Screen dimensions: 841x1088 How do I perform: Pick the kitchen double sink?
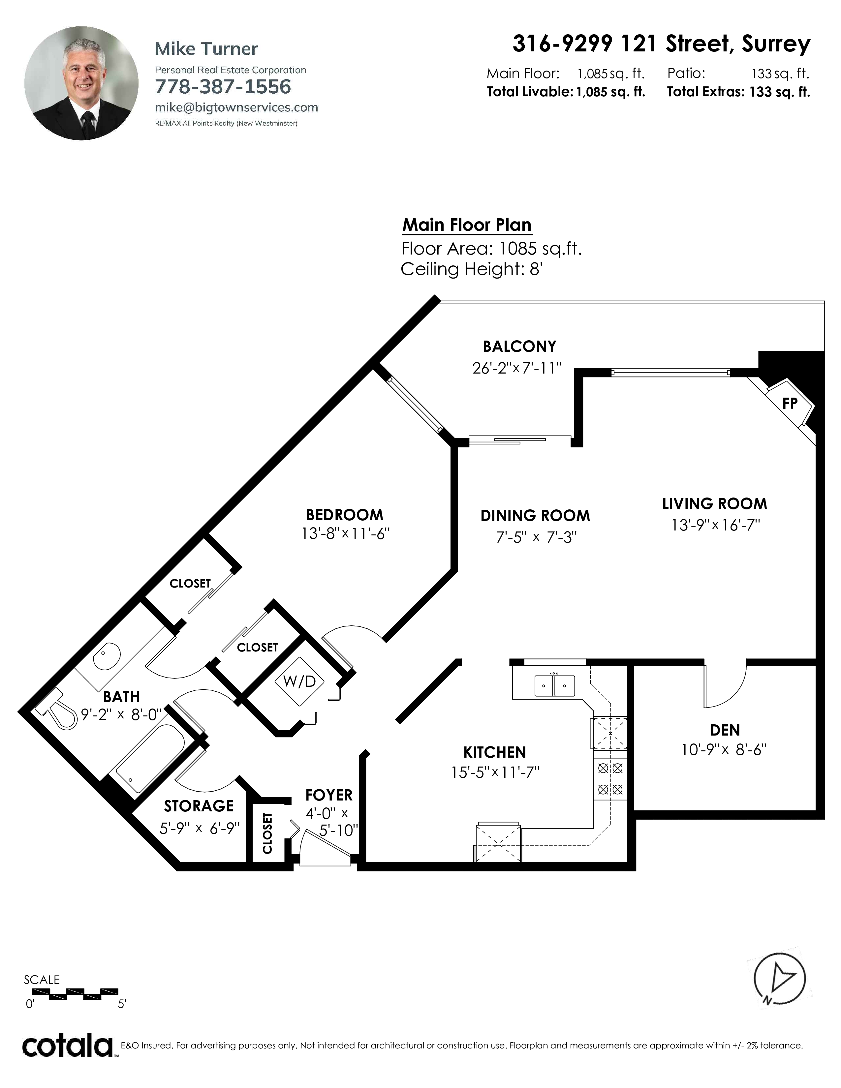click(554, 685)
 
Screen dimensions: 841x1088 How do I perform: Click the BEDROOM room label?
click(345, 515)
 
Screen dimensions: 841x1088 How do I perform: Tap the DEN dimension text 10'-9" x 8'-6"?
click(724, 750)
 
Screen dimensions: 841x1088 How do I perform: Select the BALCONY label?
click(519, 346)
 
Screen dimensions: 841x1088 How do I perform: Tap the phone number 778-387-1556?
click(223, 87)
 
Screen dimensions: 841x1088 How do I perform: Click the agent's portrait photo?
click(82, 83)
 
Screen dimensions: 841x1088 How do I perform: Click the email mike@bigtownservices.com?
click(236, 107)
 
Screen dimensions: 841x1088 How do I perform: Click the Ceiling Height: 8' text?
click(471, 269)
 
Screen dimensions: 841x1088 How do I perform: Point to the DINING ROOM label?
click(535, 516)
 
